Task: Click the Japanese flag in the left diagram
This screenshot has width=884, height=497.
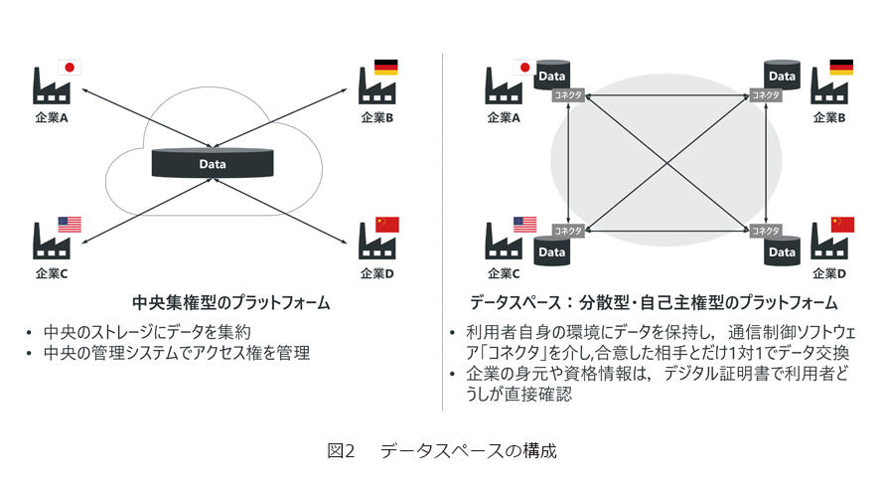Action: [70, 68]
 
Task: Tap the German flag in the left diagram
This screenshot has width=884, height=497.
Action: [386, 68]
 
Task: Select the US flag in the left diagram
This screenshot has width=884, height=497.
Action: [70, 224]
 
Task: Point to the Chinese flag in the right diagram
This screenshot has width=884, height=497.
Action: [842, 224]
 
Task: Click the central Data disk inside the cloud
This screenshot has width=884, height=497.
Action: [213, 162]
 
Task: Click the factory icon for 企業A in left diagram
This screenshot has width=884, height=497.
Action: [51, 87]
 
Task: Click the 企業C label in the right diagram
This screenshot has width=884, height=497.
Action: [504, 273]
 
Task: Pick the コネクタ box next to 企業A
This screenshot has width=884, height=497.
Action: [567, 95]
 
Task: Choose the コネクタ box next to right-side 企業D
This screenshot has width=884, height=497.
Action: [766, 231]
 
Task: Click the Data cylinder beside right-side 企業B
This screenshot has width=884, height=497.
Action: [783, 75]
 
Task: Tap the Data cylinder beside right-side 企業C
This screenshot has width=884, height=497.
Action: [551, 252]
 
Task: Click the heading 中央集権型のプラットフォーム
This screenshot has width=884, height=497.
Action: [230, 301]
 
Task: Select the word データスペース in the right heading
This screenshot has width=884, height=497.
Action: [517, 301]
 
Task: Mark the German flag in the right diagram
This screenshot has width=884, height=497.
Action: [842, 68]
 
